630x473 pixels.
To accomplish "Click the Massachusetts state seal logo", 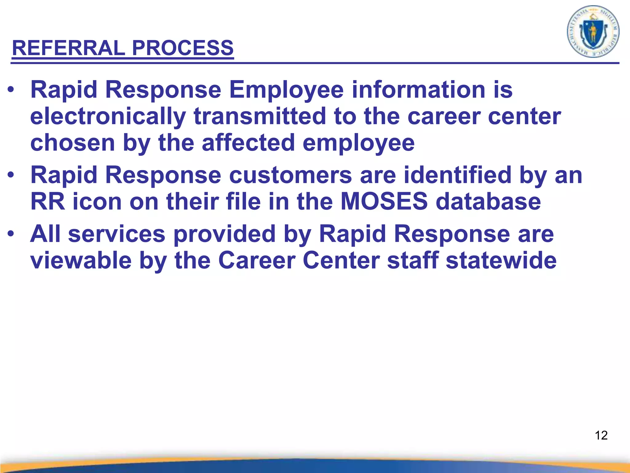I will [x=593, y=32].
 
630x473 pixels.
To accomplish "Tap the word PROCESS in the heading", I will [x=183, y=48].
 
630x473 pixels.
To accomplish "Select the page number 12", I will [x=601, y=435].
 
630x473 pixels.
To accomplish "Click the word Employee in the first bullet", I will [x=286, y=90].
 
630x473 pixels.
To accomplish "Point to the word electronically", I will [x=108, y=117].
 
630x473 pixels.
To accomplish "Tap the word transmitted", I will [x=259, y=117].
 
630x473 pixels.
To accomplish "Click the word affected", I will [x=248, y=143].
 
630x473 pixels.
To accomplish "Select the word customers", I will [x=290, y=175].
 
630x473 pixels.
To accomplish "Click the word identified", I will [x=457, y=175].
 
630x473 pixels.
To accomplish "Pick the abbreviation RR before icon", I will [x=48, y=202].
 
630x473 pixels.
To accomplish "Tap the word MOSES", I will [x=384, y=202].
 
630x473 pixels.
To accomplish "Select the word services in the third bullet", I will [x=117, y=234].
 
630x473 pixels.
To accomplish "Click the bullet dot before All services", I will [x=11, y=234].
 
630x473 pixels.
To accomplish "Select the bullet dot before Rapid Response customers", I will [x=11, y=175].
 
